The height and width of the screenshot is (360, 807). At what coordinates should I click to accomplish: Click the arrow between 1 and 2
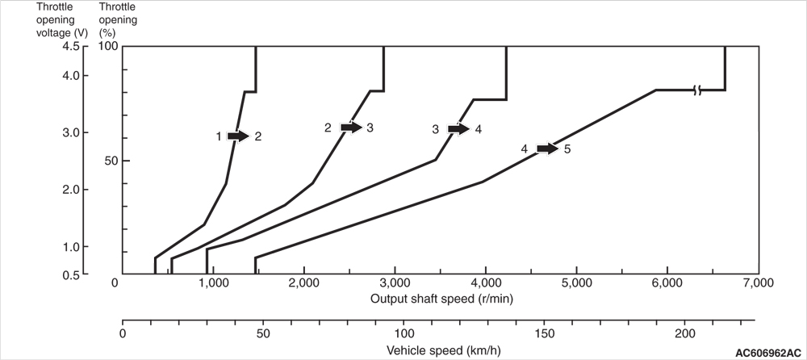[238, 136]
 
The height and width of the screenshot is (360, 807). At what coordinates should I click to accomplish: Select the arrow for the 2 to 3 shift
[351, 128]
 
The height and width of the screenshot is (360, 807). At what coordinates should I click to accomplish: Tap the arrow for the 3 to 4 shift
[458, 129]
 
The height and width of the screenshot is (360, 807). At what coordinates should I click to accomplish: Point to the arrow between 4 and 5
[547, 149]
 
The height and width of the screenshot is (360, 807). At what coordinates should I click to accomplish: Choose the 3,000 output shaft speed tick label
[395, 283]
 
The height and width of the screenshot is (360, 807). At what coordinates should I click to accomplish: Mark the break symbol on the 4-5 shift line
[697, 90]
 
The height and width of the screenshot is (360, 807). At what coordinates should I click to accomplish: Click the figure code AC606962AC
[768, 354]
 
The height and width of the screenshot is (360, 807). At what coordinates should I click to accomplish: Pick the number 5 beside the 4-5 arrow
[567, 149]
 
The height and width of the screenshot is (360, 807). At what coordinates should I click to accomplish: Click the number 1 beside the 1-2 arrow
[219, 137]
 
